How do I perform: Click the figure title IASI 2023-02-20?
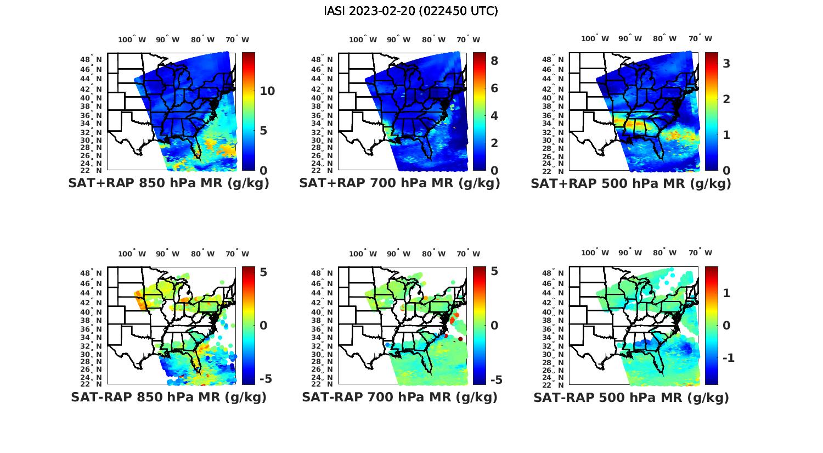[x=411, y=11]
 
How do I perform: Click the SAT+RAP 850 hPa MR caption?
[x=168, y=183]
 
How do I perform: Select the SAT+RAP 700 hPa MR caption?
[x=399, y=183]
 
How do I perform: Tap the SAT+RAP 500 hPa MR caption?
[x=630, y=183]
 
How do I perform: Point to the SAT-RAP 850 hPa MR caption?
[x=168, y=397]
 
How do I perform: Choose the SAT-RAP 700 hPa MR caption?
[x=399, y=397]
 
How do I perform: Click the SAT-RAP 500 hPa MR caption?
[x=631, y=398]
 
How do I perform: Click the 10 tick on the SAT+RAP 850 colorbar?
[x=267, y=91]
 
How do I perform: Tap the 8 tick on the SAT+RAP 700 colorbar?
[x=494, y=61]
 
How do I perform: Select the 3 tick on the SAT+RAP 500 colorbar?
[x=726, y=64]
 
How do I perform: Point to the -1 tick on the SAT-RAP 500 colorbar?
[x=728, y=358]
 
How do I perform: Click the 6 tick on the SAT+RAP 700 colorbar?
[x=494, y=88]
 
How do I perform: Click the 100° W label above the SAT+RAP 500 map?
[x=595, y=38]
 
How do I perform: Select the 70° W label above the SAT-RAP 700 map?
[x=469, y=254]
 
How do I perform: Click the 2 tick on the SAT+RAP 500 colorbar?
[x=726, y=99]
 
